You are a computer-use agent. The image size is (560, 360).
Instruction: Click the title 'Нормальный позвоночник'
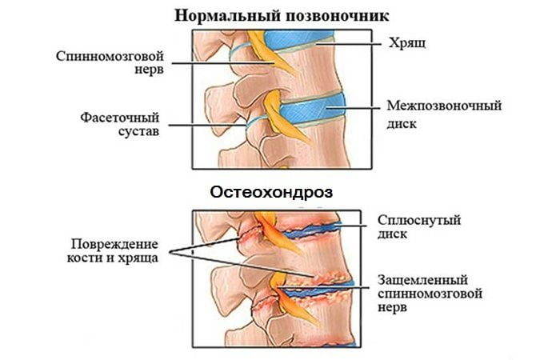click(282, 17)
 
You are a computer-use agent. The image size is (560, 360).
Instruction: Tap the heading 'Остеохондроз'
click(271, 192)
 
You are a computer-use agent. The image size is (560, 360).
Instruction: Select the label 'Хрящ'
click(407, 43)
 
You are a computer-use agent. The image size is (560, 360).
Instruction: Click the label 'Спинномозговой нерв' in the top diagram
click(110, 62)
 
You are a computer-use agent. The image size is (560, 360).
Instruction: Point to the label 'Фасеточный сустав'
click(120, 124)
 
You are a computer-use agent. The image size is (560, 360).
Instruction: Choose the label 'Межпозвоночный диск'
click(444, 114)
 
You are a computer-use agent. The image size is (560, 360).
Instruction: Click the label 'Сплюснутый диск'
click(419, 226)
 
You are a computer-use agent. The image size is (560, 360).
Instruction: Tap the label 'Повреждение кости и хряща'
click(113, 250)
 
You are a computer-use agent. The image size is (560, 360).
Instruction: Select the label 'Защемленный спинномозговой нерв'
click(430, 293)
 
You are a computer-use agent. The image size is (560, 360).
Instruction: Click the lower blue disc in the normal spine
click(311, 108)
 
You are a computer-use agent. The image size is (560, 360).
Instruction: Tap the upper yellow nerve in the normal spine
click(271, 53)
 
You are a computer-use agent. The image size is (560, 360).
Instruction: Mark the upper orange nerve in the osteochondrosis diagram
click(277, 232)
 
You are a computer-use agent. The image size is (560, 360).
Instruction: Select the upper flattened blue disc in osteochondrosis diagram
click(310, 230)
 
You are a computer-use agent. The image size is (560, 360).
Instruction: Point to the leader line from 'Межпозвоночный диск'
click(354, 107)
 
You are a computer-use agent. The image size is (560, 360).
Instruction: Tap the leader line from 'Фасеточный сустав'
click(207, 125)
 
